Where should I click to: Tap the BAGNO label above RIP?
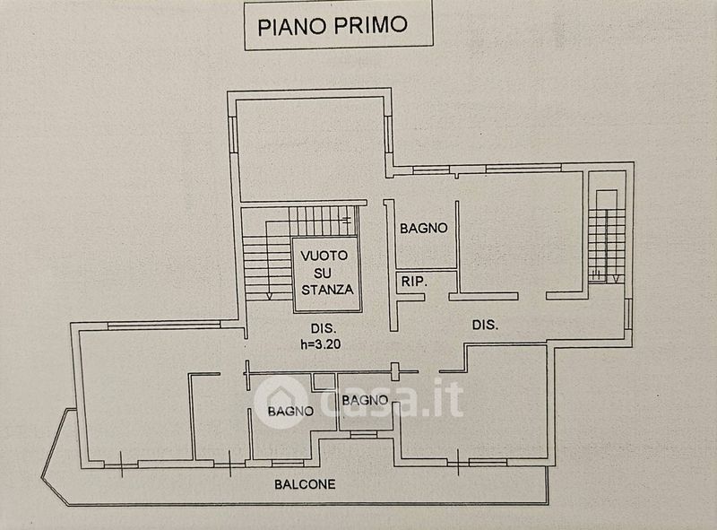coord(423,228)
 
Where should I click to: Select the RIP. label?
coord(413,282)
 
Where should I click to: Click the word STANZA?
coord(327,290)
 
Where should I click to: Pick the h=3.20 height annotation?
coord(320,343)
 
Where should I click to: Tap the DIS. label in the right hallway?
coord(485,324)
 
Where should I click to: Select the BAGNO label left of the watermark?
coord(290,412)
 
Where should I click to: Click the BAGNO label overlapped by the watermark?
coord(364,400)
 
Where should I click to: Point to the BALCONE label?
coord(305,484)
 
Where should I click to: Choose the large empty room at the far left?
coord(134,395)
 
